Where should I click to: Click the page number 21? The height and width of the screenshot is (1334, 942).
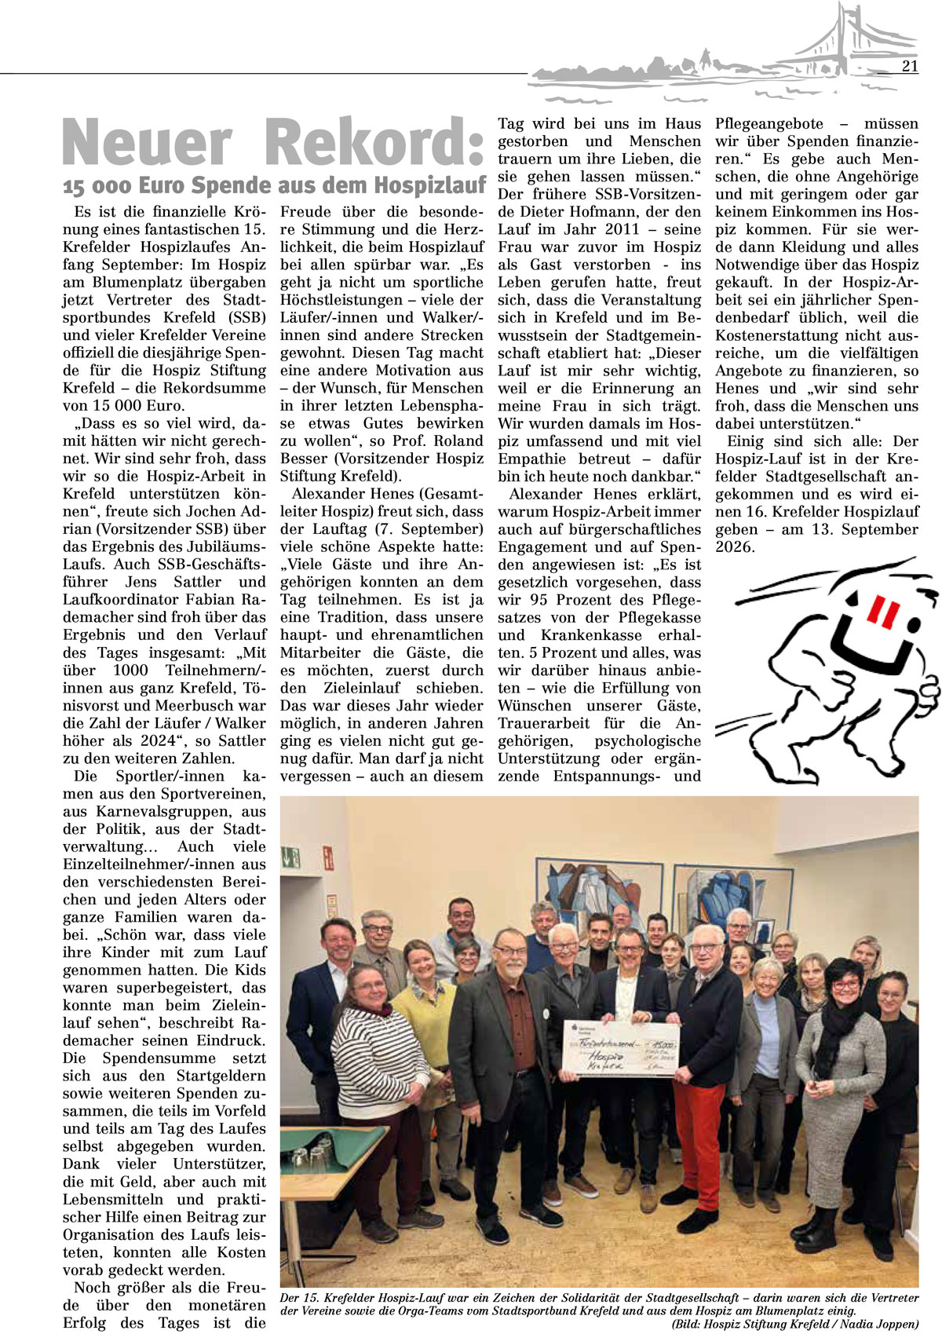910,66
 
